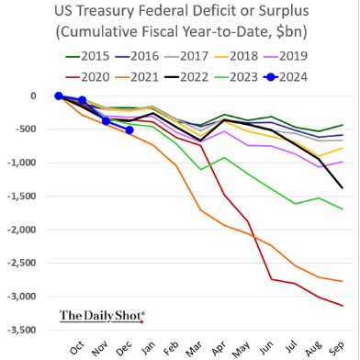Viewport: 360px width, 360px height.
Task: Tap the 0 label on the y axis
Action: [33, 96]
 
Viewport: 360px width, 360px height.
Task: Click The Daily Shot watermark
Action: [102, 316]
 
